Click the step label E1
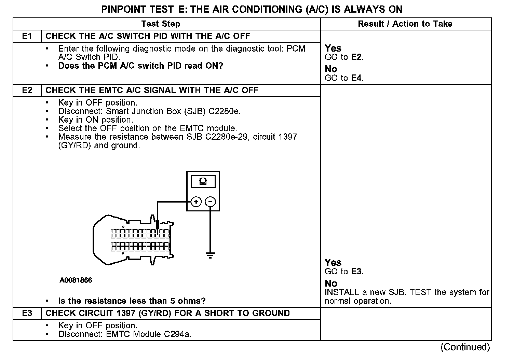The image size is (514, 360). [27, 36]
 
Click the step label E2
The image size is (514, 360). [27, 91]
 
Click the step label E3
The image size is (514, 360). [27, 313]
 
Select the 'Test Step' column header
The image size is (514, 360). [161, 24]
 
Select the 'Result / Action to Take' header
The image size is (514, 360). [405, 24]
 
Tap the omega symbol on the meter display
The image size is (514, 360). [203, 181]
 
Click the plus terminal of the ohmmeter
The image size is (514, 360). [196, 202]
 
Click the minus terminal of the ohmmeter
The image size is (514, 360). [210, 202]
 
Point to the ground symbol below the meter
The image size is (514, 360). [210, 255]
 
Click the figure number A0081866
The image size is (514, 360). [76, 280]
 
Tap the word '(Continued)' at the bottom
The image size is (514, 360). [465, 347]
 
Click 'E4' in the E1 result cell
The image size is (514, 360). [357, 78]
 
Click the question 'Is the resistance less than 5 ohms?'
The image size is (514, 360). [132, 301]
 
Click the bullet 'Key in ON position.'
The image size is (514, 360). [96, 120]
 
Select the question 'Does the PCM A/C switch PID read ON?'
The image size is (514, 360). [140, 66]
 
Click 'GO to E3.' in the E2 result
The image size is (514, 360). [344, 272]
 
